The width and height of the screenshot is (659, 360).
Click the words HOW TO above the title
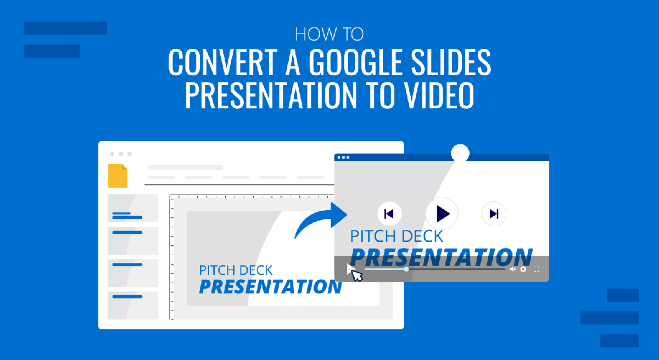329,35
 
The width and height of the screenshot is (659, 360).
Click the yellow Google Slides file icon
118,176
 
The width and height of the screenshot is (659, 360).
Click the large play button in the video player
442,213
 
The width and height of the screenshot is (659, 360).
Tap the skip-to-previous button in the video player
389,214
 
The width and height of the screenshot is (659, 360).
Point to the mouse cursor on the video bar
355,273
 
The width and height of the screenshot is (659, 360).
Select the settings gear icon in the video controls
523,269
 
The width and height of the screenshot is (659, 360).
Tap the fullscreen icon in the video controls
537,269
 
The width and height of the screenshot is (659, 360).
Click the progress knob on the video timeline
406,269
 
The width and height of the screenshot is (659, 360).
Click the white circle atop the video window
460,153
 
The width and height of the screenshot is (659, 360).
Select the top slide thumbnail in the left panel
133,208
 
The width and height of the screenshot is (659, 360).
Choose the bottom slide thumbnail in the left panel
133,306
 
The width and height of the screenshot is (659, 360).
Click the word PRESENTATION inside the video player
441,257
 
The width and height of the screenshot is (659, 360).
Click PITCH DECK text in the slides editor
236,270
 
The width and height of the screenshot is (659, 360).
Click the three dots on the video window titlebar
343,157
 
